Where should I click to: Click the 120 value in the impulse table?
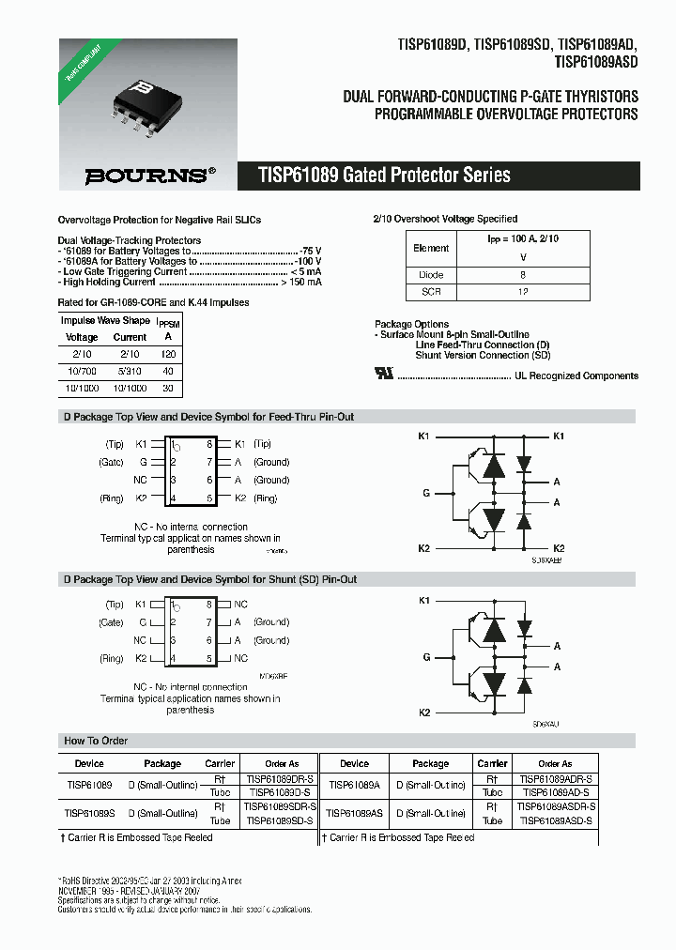click(168, 354)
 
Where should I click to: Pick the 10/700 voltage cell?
click(82, 371)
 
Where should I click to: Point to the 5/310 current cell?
click(130, 371)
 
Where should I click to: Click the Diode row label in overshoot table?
click(431, 275)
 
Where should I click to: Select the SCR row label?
click(431, 292)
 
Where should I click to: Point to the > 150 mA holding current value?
click(301, 282)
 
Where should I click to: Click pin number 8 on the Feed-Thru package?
click(208, 443)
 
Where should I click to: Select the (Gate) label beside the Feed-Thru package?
click(111, 462)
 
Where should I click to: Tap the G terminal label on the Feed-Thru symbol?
click(426, 492)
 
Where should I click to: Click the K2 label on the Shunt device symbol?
click(423, 712)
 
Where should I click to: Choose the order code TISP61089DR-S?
click(280, 779)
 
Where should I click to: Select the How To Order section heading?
click(96, 741)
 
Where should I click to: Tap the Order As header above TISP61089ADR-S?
click(555, 763)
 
